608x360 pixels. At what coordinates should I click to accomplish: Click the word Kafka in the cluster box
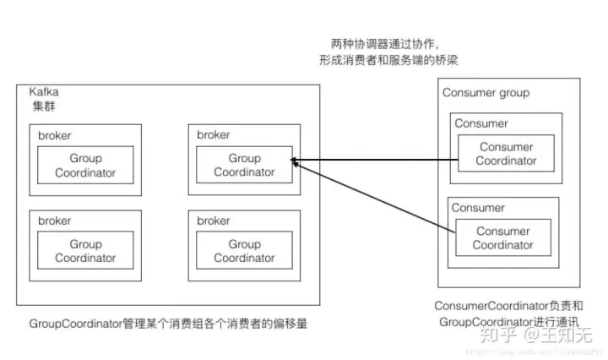point(45,91)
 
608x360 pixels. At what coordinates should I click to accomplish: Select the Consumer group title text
point(486,92)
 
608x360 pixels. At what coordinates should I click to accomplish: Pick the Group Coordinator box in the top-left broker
point(85,166)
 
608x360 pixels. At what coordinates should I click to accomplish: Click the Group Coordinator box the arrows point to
point(244,166)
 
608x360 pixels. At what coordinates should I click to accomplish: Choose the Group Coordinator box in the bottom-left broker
point(85,251)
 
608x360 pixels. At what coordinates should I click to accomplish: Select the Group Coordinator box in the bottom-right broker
point(244,251)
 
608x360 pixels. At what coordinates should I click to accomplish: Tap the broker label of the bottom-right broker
point(213,221)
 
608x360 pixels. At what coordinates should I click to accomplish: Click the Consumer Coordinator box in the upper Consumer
point(506,154)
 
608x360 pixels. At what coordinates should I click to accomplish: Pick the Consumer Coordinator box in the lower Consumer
point(502,238)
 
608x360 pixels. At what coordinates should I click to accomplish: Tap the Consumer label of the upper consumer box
point(480,123)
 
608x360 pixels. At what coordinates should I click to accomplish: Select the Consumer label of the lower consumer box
point(478,208)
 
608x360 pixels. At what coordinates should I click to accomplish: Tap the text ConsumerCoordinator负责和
point(509,305)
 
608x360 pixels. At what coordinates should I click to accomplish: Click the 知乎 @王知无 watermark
point(533,334)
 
